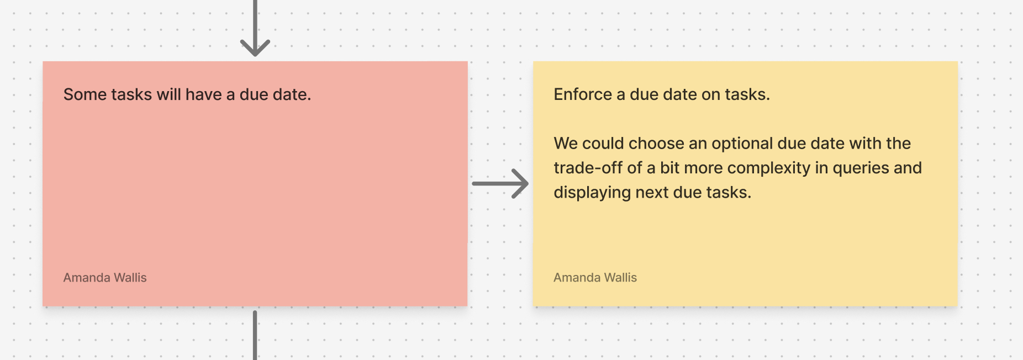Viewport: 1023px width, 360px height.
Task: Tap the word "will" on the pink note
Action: tap(168, 94)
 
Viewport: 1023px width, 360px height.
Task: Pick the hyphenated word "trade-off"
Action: tap(588, 168)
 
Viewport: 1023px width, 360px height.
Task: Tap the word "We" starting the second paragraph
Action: tap(565, 144)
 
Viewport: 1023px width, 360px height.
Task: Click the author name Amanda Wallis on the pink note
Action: tap(105, 278)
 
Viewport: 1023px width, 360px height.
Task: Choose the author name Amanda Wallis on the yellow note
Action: tap(595, 278)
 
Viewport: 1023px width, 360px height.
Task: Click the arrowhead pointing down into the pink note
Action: tap(255, 49)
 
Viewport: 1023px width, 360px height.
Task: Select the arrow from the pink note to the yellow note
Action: tap(500, 183)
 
